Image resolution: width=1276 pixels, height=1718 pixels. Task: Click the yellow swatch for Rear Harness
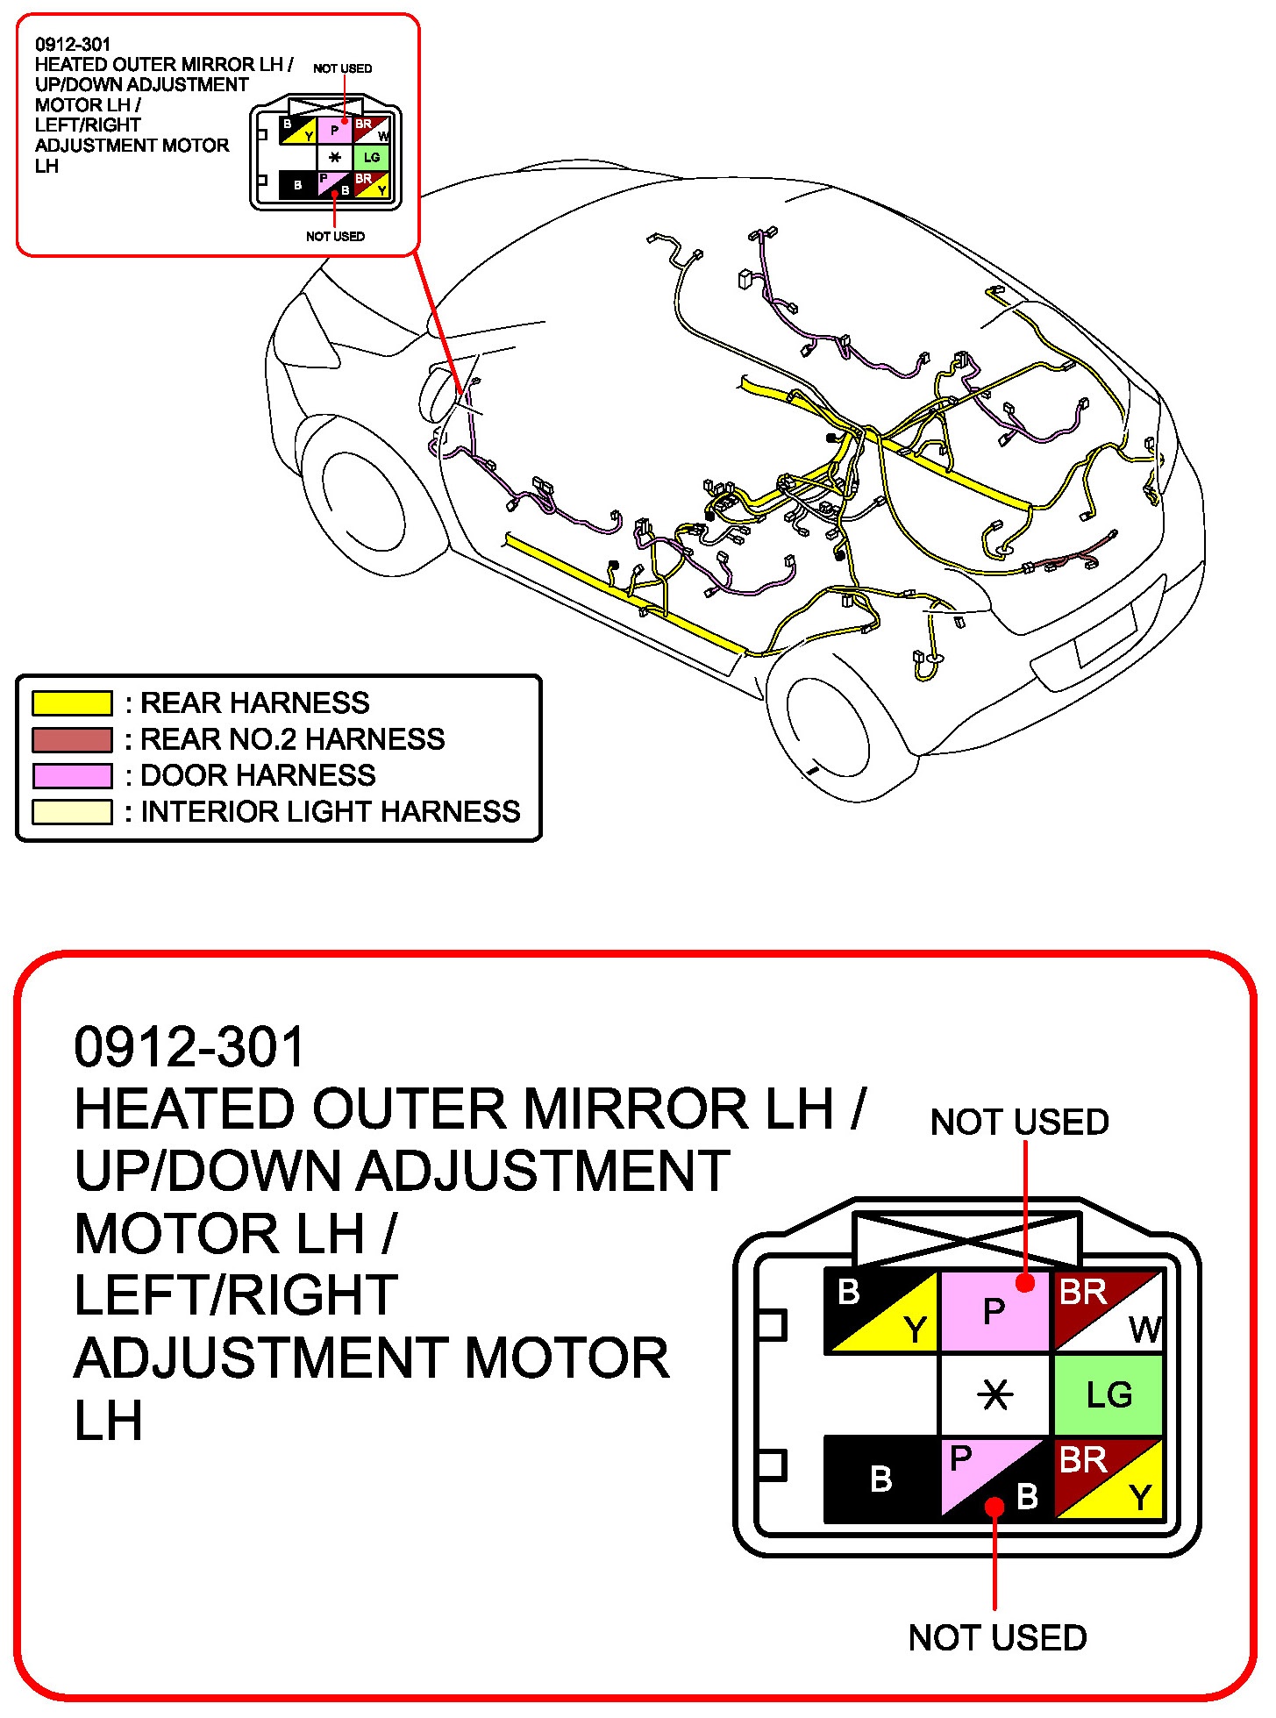coord(72,703)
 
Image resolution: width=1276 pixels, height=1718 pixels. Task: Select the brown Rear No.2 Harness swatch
coord(72,740)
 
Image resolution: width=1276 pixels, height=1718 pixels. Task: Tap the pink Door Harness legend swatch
coord(72,776)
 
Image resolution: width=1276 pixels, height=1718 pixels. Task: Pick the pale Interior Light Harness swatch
coord(72,812)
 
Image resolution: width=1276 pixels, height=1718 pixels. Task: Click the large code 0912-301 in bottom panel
coord(189,1047)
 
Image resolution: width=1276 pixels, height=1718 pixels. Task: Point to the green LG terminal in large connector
coord(1108,1394)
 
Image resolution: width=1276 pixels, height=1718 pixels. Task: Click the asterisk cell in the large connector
coord(995,1394)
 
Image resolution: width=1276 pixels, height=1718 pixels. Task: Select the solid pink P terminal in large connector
coord(994,1312)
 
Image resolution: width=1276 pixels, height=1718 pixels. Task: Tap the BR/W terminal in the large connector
coord(1108,1310)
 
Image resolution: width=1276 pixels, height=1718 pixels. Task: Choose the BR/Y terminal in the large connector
coord(1108,1478)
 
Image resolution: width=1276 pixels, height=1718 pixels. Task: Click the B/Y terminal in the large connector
coord(881,1310)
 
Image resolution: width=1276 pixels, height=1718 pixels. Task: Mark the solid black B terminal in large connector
coord(881,1479)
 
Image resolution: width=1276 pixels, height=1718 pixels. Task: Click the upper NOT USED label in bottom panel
coord(1019,1123)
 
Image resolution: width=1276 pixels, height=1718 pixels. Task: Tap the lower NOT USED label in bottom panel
coord(997,1638)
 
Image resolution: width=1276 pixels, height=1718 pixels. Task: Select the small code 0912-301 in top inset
coord(73,44)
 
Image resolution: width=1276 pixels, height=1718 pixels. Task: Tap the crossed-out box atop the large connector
coord(966,1238)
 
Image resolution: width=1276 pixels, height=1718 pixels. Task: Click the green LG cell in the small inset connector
coord(372,158)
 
